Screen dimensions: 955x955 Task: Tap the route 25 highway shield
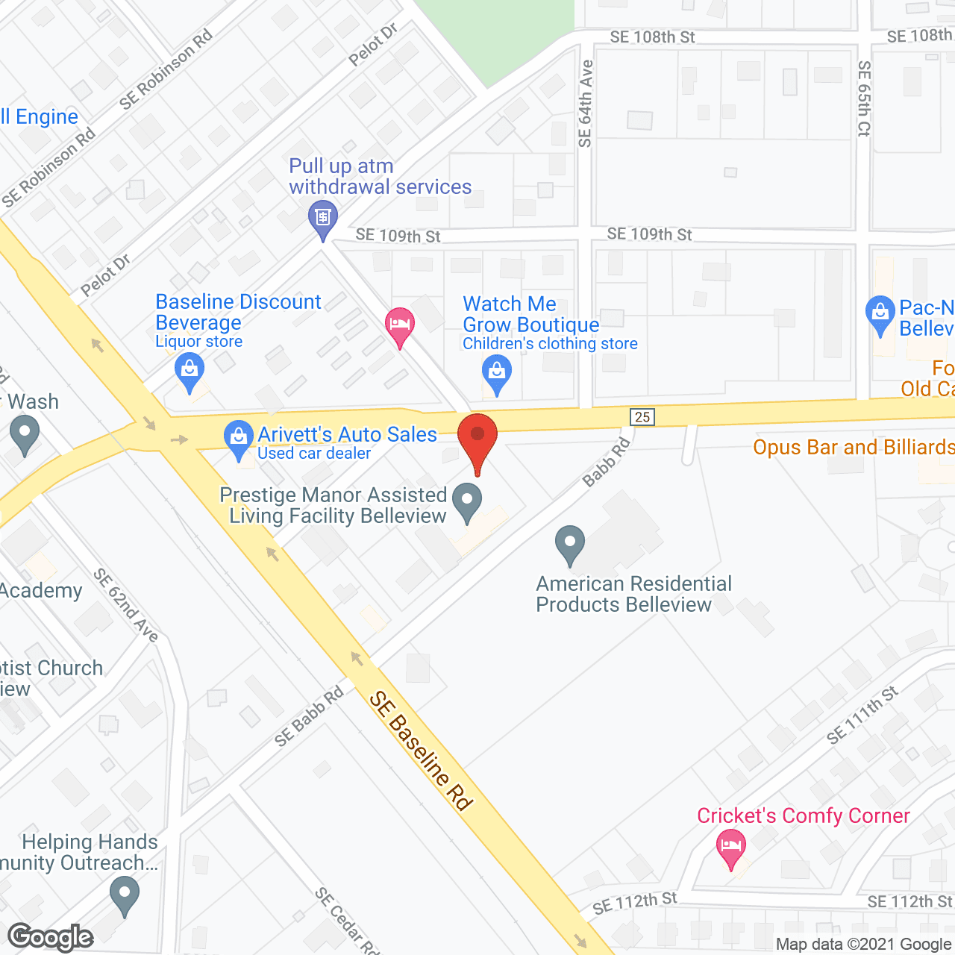pos(642,417)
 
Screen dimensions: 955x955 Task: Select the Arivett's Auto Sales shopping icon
pos(239,439)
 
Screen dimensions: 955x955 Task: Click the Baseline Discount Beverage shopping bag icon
pos(190,372)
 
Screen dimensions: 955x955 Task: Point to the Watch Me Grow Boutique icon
pos(497,373)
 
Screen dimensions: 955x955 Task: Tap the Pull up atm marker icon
pos(323,219)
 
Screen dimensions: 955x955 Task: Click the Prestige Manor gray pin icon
pos(468,501)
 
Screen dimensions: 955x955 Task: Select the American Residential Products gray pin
pos(570,544)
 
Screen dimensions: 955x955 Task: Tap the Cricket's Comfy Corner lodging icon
pos(731,848)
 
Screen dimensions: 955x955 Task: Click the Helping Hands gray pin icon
pos(124,895)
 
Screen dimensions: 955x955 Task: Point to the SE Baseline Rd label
pos(422,751)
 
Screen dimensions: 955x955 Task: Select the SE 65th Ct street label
pos(864,98)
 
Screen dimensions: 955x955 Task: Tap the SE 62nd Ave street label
pos(126,604)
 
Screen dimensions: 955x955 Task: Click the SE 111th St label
pos(862,715)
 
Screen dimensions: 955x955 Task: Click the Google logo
pos(51,937)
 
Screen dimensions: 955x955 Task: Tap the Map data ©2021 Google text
pos(863,945)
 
